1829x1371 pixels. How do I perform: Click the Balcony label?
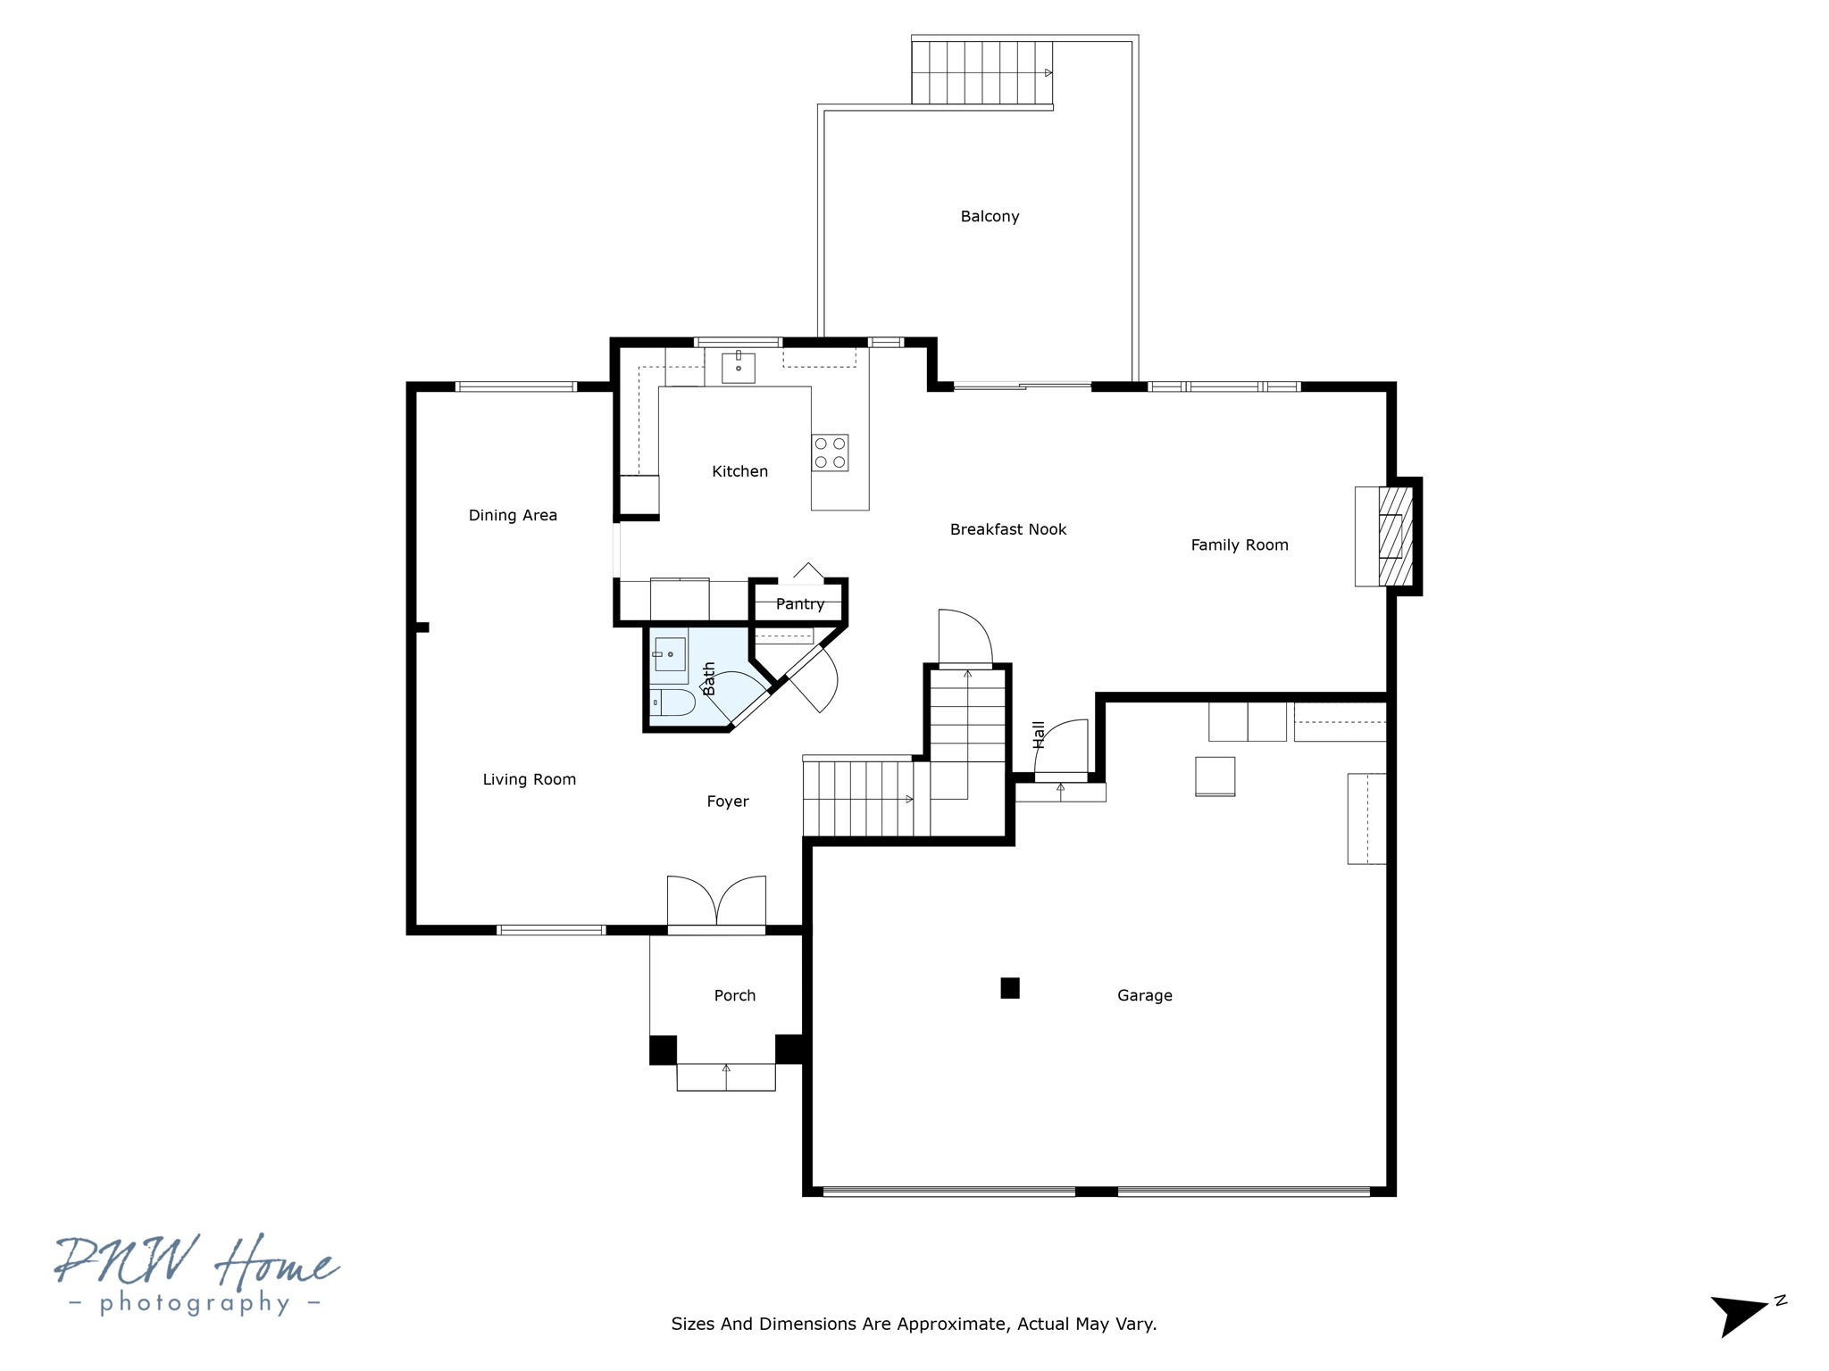tap(990, 216)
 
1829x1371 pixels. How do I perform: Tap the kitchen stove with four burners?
tap(830, 453)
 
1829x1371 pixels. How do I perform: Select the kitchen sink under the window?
tap(739, 367)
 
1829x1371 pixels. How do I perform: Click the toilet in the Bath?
tap(672, 702)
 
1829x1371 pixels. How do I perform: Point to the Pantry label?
tap(800, 604)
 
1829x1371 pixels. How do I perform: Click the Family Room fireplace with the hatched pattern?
tap(1395, 536)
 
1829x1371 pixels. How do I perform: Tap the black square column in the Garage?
tap(1010, 988)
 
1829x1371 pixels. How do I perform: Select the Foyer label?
tap(728, 802)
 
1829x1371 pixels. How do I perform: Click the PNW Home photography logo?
tap(196, 1275)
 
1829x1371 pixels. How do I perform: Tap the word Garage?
tap(1144, 995)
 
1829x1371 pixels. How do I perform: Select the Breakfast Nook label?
tap(1008, 529)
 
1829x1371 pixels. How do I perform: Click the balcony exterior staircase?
tap(981, 72)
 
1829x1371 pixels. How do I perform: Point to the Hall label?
tap(1039, 734)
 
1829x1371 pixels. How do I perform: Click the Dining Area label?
tap(513, 515)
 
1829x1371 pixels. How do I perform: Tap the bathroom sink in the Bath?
tap(670, 654)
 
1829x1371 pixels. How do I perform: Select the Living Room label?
tap(530, 779)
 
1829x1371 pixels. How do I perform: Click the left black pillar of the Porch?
tap(663, 1050)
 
